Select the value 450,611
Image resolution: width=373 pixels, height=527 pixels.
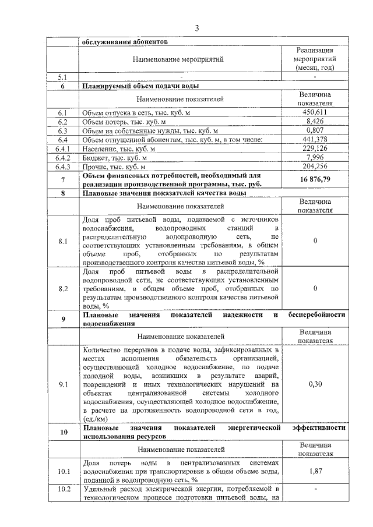[x=315, y=112]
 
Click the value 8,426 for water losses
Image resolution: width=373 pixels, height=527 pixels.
[x=315, y=122]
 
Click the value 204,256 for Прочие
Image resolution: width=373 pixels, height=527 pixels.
[x=315, y=167]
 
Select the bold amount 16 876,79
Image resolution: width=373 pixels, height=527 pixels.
[x=315, y=179]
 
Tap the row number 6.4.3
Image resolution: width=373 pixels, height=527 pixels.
[x=62, y=167]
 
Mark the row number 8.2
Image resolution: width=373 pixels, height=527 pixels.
[x=63, y=288]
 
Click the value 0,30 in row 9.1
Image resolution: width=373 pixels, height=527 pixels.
[x=315, y=384]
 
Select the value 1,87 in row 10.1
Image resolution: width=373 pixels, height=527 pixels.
[x=315, y=471]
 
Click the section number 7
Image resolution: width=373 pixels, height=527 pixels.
[x=63, y=179]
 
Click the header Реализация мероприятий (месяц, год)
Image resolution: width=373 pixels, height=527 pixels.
[x=315, y=59]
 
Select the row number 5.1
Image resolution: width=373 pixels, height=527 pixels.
[x=63, y=76]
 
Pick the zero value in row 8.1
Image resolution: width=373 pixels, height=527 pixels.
[x=315, y=241]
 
